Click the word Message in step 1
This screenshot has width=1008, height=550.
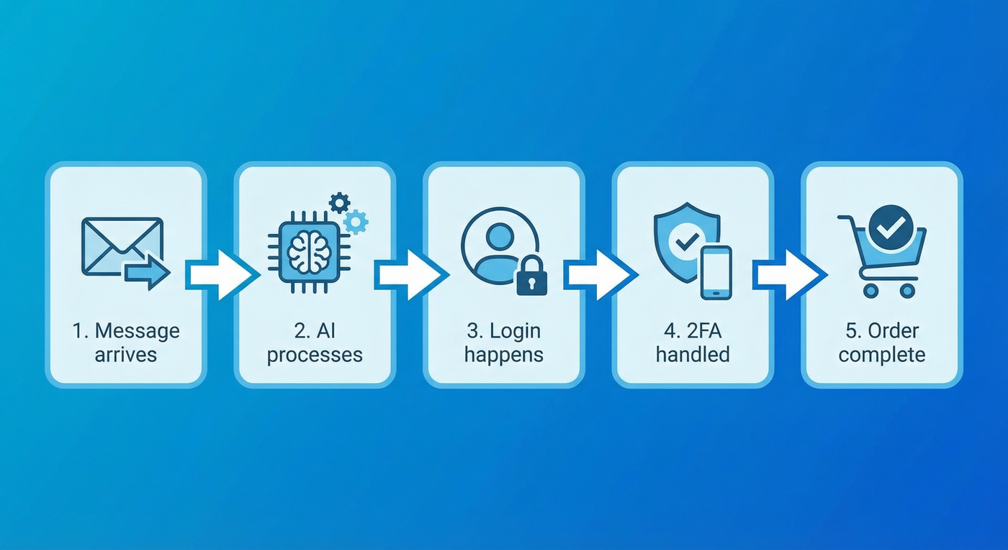pyautogui.click(x=137, y=331)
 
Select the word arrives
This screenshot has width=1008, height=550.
pyautogui.click(x=126, y=355)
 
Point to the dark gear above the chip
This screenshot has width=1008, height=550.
pyautogui.click(x=339, y=203)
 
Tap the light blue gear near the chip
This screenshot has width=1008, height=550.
pyautogui.click(x=355, y=221)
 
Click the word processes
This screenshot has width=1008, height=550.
pyautogui.click(x=315, y=355)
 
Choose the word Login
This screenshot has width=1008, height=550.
pyautogui.click(x=515, y=331)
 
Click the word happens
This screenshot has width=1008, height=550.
pyautogui.click(x=504, y=355)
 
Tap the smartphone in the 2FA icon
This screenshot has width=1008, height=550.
pyautogui.click(x=716, y=272)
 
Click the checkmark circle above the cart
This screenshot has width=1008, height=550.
pyautogui.click(x=891, y=227)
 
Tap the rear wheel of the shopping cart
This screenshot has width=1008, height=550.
pyautogui.click(x=871, y=290)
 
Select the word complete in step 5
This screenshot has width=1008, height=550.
pyautogui.click(x=882, y=355)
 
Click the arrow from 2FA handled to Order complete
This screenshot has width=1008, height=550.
pyautogui.click(x=788, y=274)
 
